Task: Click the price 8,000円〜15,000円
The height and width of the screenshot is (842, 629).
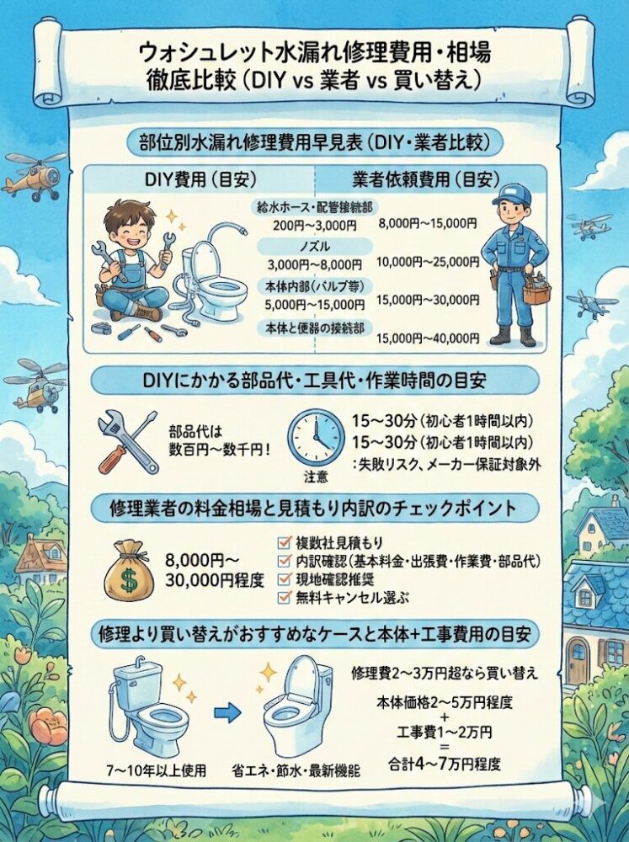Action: [x=428, y=224]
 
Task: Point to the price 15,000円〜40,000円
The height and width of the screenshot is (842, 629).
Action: [x=428, y=338]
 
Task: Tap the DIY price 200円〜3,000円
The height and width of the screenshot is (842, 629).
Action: [x=314, y=226]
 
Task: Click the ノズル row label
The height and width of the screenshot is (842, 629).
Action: [x=315, y=247]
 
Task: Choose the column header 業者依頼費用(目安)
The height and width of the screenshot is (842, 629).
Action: [x=426, y=179]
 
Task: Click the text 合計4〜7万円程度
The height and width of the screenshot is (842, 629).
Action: [x=445, y=764]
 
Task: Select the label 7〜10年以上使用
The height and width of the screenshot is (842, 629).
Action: [x=157, y=771]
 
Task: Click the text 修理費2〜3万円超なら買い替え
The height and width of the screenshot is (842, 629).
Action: [x=445, y=673]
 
